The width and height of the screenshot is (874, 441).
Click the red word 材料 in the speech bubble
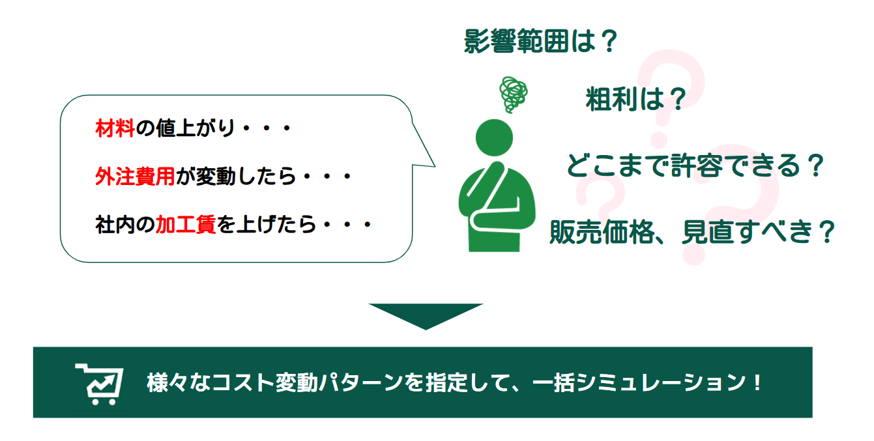tap(115, 128)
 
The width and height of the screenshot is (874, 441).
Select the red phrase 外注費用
tap(135, 177)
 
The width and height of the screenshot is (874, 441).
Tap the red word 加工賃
tap(186, 225)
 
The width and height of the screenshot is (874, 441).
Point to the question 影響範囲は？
tap(541, 41)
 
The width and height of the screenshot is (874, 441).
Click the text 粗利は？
tap(635, 99)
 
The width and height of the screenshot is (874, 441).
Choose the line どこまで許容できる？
tap(695, 165)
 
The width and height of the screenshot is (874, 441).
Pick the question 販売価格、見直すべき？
tap(692, 232)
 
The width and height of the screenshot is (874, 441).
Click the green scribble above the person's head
tap(513, 94)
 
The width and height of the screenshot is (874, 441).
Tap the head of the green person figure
tap(494, 137)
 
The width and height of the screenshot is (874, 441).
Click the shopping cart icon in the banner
tap(100, 384)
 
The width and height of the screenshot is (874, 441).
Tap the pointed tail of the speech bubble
tap(435, 167)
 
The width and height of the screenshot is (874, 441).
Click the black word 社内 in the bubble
tap(115, 225)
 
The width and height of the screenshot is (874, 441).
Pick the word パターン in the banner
tap(361, 382)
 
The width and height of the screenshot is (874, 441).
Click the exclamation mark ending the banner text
tap(757, 382)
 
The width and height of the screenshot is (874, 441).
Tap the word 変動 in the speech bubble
tap(215, 177)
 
